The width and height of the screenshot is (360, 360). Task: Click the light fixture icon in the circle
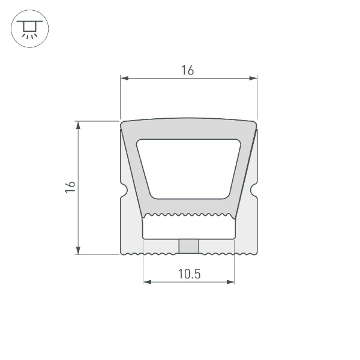pyautogui.click(x=30, y=29)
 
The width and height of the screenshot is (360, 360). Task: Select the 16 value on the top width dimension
pyautogui.click(x=188, y=70)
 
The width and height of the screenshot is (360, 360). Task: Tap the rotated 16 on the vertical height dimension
pyautogui.click(x=70, y=187)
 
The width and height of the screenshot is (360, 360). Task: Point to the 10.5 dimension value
pyautogui.click(x=189, y=274)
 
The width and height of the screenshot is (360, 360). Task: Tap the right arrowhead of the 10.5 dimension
pyautogui.click(x=231, y=281)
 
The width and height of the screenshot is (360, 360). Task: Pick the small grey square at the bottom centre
pyautogui.click(x=189, y=247)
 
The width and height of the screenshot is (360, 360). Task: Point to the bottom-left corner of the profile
pyautogui.click(x=122, y=253)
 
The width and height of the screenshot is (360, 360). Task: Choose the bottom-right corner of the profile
pyautogui.click(x=255, y=253)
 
